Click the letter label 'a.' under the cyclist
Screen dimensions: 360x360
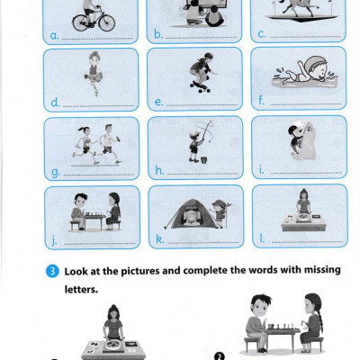click(x=54, y=36)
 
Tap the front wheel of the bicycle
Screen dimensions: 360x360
click(x=107, y=23)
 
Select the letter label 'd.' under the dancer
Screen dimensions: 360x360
click(x=55, y=103)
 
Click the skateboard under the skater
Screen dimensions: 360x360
click(x=200, y=86)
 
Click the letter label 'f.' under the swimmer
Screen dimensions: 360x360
click(x=261, y=101)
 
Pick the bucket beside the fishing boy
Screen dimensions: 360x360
click(x=204, y=160)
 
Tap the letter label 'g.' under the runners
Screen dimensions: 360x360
click(x=56, y=172)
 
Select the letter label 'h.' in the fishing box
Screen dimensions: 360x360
click(x=159, y=170)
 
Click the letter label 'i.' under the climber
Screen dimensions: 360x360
click(x=262, y=170)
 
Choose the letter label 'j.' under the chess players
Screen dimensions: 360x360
click(x=54, y=240)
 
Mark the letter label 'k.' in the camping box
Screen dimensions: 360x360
click(x=159, y=239)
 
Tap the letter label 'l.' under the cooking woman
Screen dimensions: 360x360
click(x=262, y=238)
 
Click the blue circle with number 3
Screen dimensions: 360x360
click(x=52, y=271)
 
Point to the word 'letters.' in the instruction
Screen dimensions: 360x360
click(x=81, y=290)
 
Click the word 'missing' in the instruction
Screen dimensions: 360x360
click(x=322, y=270)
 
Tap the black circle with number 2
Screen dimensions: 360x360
click(x=220, y=356)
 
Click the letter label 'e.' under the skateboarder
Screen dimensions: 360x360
click(x=159, y=102)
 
